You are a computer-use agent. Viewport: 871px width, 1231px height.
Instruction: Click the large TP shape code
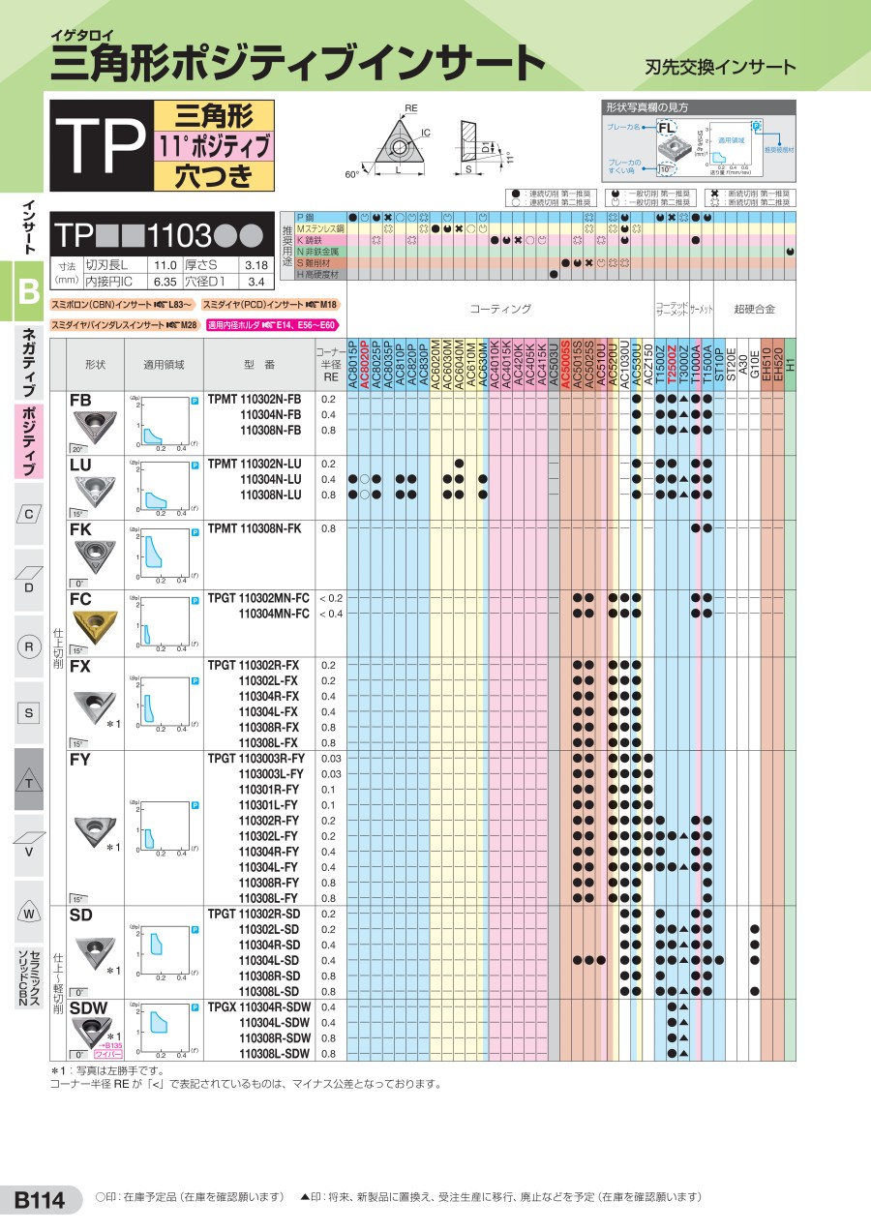coord(100,146)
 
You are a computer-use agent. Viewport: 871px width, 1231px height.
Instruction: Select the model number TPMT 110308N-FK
coord(255,528)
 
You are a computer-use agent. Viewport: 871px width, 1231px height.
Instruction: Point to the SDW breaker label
coord(88,1008)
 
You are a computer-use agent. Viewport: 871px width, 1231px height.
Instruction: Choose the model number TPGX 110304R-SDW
coord(259,1007)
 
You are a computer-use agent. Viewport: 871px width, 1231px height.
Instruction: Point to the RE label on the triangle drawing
coord(410,108)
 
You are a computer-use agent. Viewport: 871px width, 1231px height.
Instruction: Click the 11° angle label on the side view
coord(509,157)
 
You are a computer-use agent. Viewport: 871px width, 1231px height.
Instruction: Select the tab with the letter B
coord(27,288)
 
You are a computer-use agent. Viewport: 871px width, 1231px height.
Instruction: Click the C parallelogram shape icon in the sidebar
coord(29,513)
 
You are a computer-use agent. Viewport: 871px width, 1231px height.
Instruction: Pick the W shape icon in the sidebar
coord(29,914)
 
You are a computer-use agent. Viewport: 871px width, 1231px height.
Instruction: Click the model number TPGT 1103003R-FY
coord(256,759)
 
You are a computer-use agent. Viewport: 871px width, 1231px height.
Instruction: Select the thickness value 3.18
coord(256,264)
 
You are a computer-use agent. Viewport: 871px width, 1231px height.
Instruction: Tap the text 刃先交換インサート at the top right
coord(720,67)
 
